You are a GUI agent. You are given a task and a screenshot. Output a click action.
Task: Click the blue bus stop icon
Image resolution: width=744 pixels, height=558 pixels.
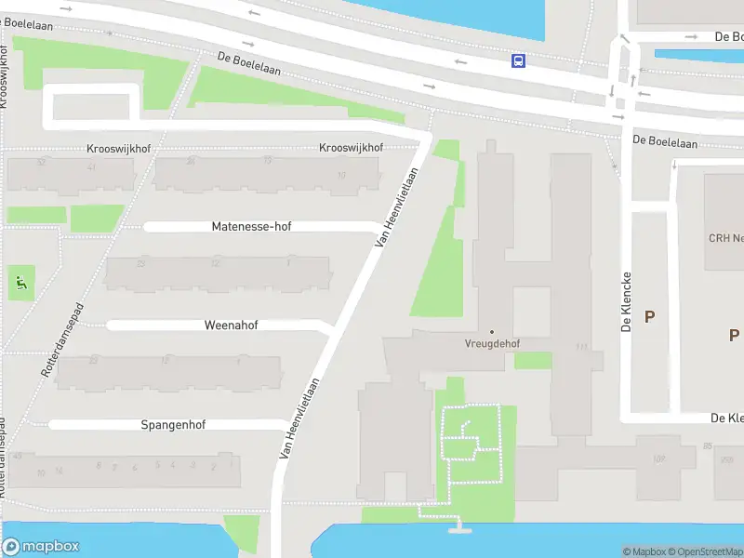(x=518, y=61)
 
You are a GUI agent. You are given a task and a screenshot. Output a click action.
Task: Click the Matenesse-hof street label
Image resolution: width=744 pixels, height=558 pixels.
(x=251, y=227)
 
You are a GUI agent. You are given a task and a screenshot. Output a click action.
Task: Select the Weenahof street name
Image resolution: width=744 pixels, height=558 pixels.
(x=231, y=325)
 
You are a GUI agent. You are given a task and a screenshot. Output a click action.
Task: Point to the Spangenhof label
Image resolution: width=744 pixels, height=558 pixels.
(x=173, y=425)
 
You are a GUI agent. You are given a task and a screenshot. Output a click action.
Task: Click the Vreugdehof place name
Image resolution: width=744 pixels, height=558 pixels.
(x=492, y=343)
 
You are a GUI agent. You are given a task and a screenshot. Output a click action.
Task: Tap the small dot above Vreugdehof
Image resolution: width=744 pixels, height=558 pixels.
(x=492, y=332)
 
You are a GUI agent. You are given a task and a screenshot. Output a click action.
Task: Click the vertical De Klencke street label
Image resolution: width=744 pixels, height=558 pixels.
(x=628, y=302)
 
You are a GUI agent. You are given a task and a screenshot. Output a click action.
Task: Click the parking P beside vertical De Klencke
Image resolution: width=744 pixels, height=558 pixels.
(x=649, y=316)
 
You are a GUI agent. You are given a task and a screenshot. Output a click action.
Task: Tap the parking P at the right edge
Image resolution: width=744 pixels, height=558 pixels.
(x=734, y=335)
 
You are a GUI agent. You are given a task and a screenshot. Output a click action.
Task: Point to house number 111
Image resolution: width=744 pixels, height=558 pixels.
(x=582, y=347)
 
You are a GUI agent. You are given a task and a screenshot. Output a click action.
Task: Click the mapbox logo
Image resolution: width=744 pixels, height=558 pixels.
(x=41, y=547)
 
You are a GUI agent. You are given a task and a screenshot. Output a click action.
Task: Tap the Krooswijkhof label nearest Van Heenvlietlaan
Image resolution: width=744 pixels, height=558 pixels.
(x=351, y=148)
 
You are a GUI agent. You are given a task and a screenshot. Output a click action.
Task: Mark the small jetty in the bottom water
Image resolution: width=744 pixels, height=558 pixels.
(x=457, y=528)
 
